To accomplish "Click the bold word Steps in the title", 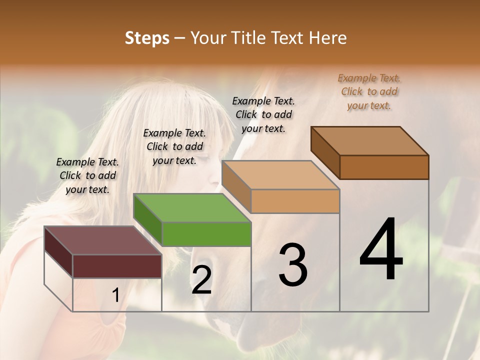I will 147,38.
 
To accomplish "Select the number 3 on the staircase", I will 293,265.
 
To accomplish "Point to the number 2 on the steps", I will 201,280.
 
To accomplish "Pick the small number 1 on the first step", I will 115,295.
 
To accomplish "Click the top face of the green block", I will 192,207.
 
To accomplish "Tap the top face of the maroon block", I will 103,240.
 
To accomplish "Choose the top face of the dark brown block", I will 370,140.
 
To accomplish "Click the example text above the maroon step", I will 87,175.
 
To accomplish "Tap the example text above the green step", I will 174,146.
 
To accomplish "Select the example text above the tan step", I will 263,114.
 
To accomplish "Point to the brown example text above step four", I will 369,91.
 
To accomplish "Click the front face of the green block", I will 206,234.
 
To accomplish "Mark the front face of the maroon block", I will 117,266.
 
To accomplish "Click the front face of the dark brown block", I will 384,167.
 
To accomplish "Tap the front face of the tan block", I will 295,201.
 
